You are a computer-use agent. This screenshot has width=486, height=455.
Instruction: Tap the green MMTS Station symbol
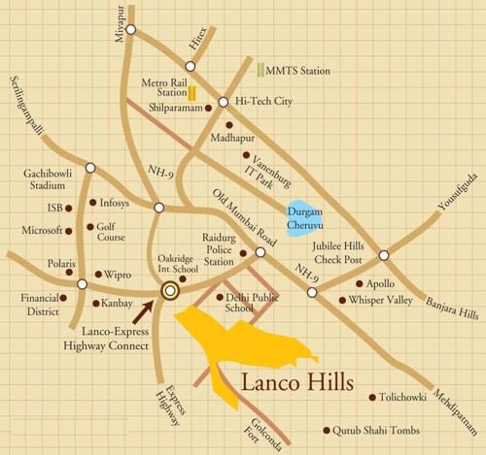coord(260,71)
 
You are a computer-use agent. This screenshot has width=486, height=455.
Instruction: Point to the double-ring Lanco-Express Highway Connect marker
coord(171,289)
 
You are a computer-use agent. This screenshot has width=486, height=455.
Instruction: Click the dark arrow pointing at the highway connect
coord(145,309)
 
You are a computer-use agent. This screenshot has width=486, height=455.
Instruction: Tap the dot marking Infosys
coord(93,203)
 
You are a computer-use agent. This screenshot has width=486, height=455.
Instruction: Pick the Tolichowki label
coord(415,397)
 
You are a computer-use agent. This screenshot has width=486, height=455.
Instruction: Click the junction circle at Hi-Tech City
coord(223,102)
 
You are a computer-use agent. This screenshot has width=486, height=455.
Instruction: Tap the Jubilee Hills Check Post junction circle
coord(384,255)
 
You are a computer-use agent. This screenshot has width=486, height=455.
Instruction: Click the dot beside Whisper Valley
coord(342,301)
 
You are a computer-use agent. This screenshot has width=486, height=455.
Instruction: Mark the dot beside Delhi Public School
coord(219,298)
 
